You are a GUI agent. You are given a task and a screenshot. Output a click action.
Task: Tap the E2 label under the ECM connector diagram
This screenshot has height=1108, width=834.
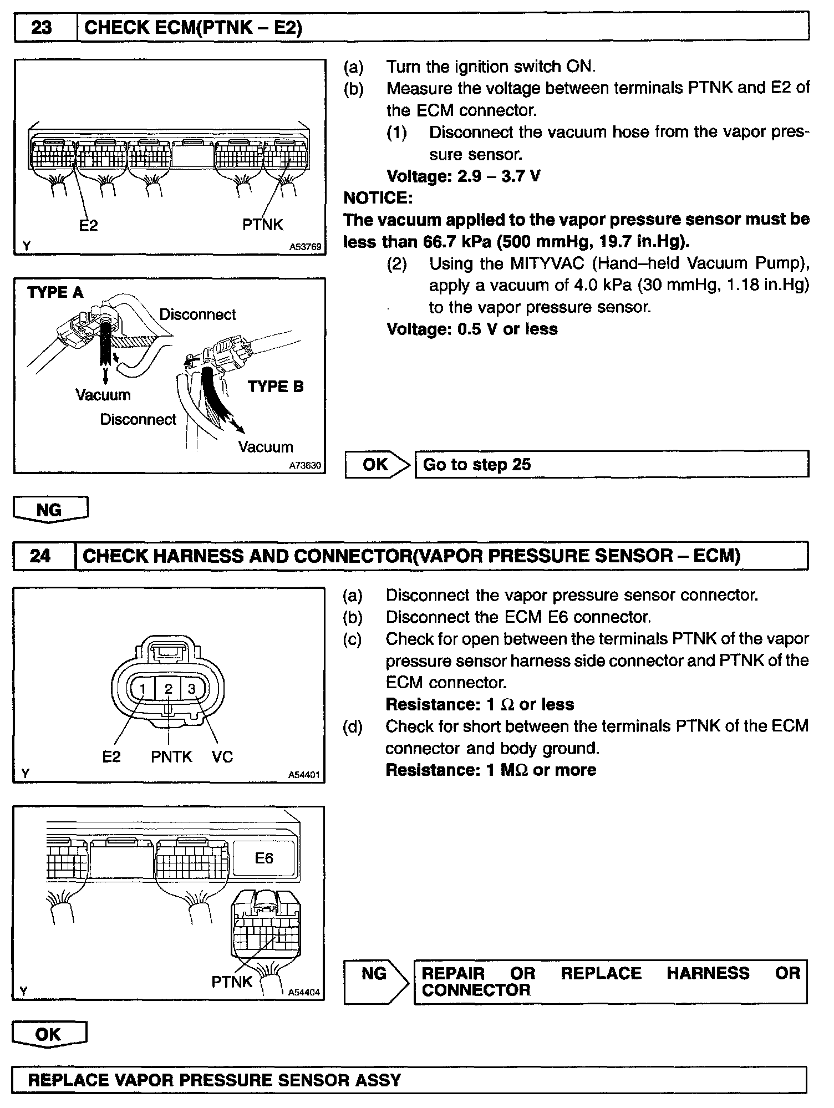pos(89,225)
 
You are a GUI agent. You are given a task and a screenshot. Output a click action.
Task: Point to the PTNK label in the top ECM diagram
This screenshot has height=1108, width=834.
pos(262,225)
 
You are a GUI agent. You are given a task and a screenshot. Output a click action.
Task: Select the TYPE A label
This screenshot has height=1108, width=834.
pos(55,292)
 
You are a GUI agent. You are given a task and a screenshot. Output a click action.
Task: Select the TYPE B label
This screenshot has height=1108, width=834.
pos(276,387)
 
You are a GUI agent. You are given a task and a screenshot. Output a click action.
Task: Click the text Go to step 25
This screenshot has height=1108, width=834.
pos(476,464)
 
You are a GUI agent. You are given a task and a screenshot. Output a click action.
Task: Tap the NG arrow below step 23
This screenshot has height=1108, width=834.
pos(50,510)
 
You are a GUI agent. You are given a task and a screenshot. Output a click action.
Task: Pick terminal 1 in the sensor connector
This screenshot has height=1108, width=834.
pos(143,689)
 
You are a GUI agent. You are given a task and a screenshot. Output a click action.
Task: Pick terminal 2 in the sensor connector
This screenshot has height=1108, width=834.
pos(169,689)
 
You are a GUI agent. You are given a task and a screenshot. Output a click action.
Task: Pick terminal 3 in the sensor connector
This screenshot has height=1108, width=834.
pos(192,689)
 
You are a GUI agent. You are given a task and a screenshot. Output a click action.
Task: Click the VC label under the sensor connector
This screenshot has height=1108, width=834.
pos(222,756)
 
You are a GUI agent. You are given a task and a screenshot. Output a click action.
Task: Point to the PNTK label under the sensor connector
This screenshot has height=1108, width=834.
pos(171,756)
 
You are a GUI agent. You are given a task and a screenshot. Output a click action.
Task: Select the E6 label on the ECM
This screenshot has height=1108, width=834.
pos(264,858)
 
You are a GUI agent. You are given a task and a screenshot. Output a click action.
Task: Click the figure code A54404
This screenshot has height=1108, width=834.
pos(304,992)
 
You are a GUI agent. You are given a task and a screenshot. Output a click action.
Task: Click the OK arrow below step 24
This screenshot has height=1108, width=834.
pos(49,1034)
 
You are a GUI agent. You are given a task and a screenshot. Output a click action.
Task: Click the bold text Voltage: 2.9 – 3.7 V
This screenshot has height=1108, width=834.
pos(464,176)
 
